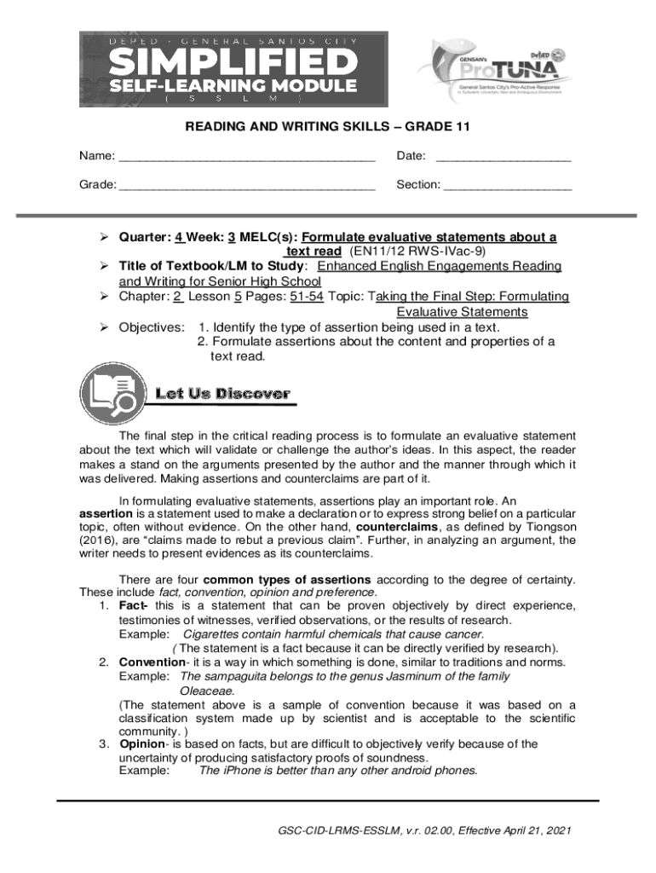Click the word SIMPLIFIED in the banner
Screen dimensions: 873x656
coord(233,62)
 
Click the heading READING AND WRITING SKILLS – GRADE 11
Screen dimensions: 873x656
coord(328,128)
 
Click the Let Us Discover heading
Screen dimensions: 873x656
coord(222,394)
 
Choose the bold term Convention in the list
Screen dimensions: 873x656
coord(151,662)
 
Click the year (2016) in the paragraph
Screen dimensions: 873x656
coord(100,541)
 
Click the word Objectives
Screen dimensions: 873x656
coord(151,327)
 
